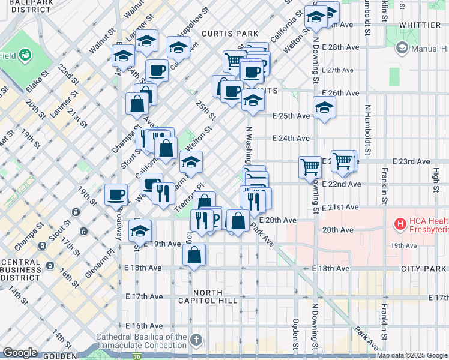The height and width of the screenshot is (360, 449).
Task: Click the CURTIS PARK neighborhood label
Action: click(x=230, y=34)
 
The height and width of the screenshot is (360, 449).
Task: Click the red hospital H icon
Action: click(x=400, y=224)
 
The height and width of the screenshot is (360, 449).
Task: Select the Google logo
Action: click(x=20, y=352)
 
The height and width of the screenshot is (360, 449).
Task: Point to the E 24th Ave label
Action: click(x=291, y=138)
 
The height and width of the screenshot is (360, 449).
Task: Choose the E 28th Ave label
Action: click(x=340, y=47)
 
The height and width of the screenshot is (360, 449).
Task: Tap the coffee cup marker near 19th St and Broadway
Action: click(x=116, y=194)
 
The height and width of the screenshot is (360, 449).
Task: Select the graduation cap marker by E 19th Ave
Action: click(x=140, y=230)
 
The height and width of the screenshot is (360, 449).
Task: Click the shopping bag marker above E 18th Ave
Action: click(x=194, y=255)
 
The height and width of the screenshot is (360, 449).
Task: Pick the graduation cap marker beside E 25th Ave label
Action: click(x=324, y=108)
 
